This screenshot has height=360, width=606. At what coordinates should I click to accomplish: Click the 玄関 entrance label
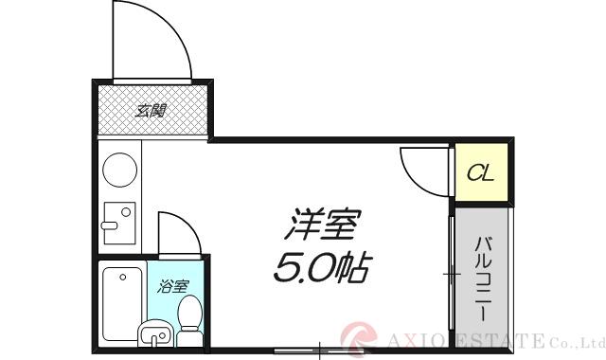pyautogui.click(x=151, y=111)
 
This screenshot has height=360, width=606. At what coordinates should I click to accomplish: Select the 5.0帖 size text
pyautogui.click(x=322, y=269)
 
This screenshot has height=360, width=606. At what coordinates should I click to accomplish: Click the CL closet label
pyautogui.click(x=481, y=173)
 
